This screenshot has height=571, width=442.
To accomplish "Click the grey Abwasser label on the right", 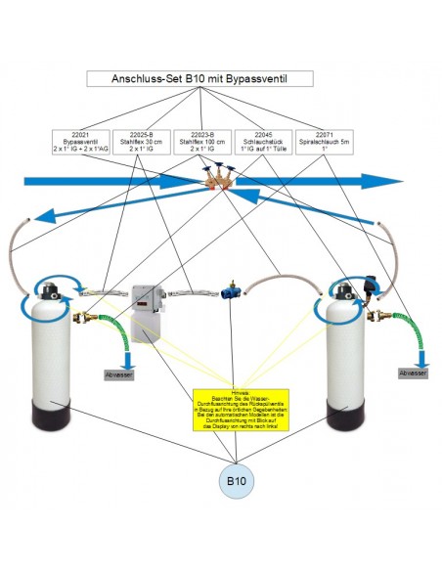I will pyautogui.click(x=412, y=373).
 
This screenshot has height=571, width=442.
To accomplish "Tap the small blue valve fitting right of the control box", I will pyautogui.click(x=232, y=290).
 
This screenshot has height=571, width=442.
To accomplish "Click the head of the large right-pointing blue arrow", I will pyautogui.click(x=389, y=181).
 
